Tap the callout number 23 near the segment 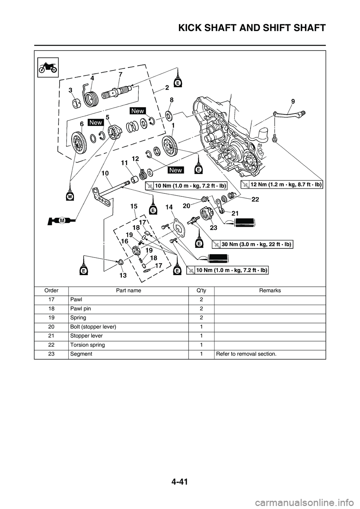213,227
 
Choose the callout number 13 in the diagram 123,275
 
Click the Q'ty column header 201,290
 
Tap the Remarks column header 270,290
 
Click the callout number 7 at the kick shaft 120,75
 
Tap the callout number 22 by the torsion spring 255,199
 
